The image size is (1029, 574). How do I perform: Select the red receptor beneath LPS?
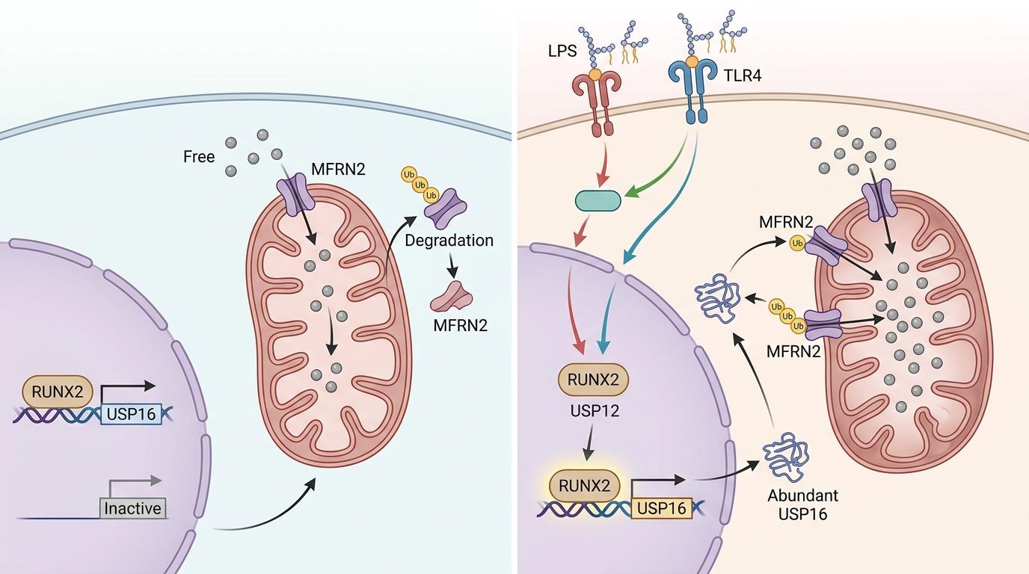click(595, 101)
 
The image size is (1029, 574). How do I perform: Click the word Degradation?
click(449, 241)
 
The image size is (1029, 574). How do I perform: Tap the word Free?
click(199, 157)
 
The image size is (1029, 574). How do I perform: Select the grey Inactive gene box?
click(132, 508)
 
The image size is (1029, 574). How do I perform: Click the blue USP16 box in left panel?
click(132, 413)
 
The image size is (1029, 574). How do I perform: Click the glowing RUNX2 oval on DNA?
click(585, 487)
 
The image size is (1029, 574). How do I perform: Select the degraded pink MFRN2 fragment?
click(451, 297)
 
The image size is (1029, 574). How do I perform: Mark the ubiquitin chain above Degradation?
click(419, 185)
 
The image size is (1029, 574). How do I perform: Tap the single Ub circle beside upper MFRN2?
click(797, 242)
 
